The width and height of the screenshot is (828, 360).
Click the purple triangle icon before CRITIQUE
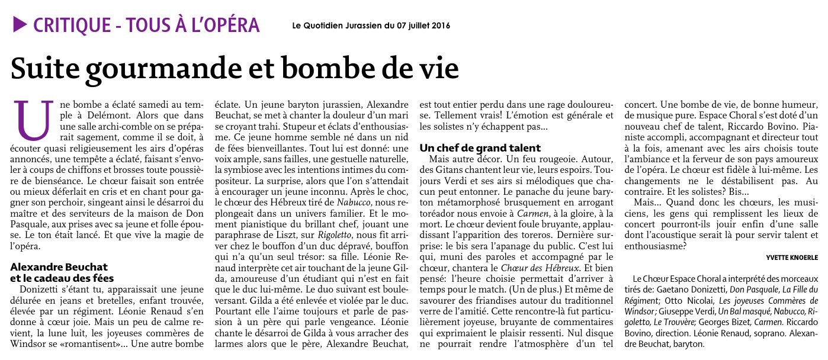[20, 24]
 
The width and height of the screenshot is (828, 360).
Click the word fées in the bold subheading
[100, 278]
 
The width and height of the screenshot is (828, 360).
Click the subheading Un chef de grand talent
[480, 147]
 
